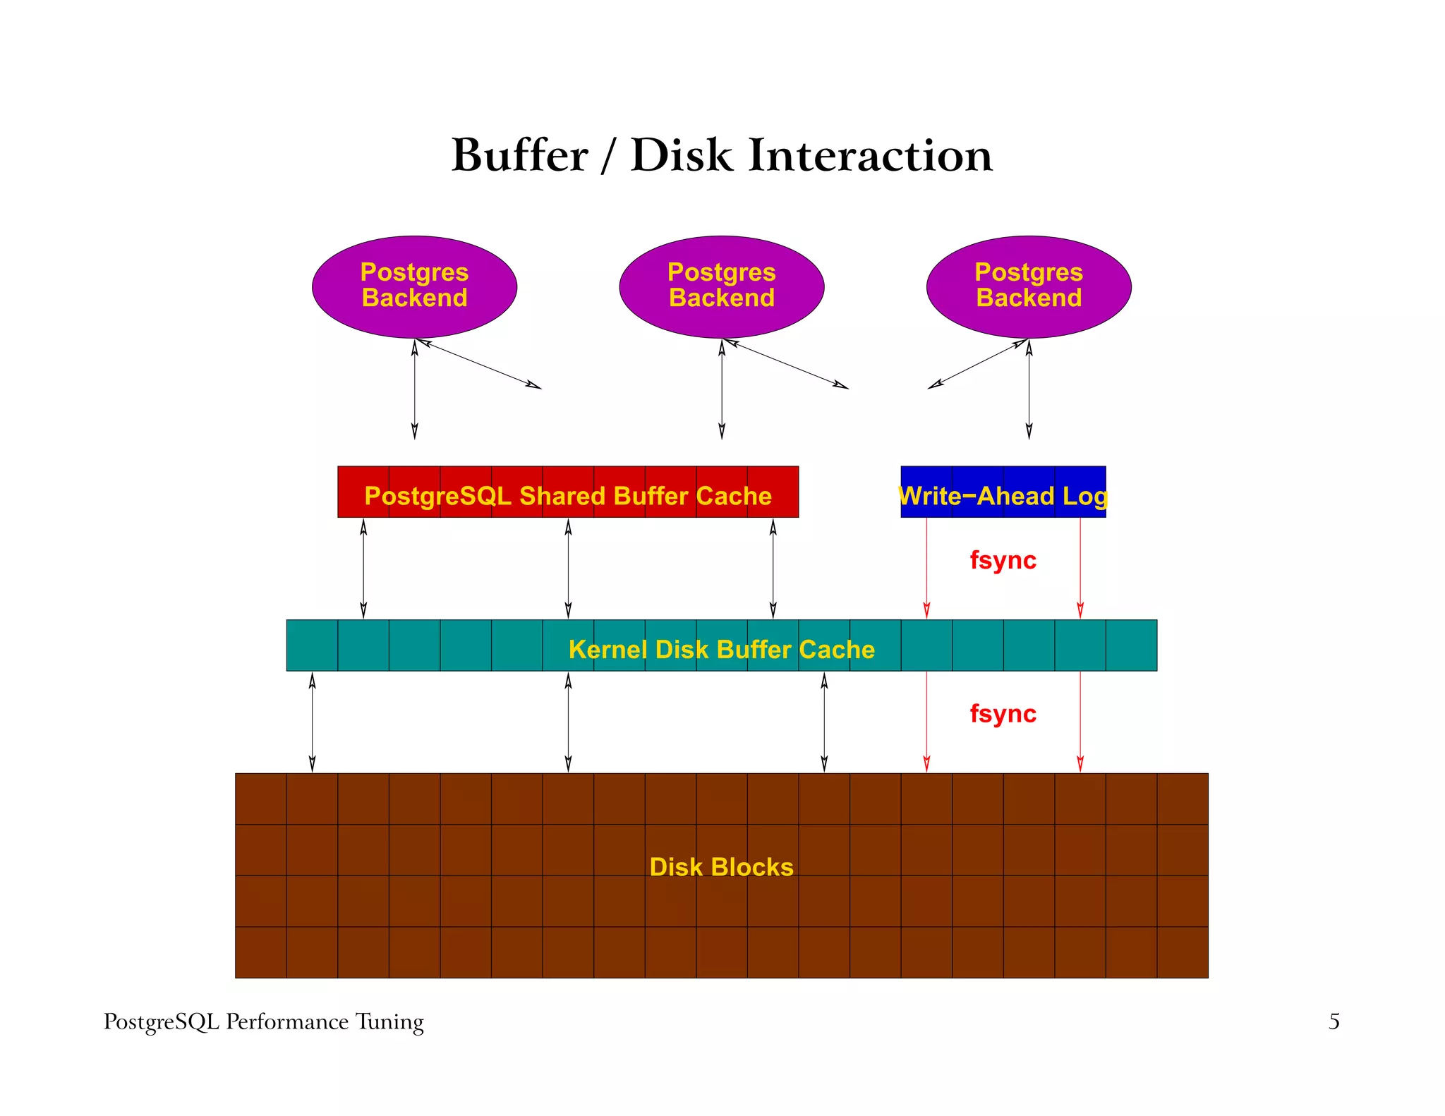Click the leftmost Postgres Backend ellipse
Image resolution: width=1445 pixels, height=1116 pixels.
[414, 286]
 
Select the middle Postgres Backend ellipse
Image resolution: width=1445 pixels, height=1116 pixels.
[721, 286]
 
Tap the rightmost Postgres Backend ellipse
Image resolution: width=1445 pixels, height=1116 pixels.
[1029, 286]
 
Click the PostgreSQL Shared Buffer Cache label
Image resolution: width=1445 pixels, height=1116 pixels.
[568, 496]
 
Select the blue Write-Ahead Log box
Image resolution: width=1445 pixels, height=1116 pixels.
[1003, 492]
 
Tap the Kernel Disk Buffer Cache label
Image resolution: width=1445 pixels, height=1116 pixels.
[721, 649]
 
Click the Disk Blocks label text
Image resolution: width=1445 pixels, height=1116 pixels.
[721, 867]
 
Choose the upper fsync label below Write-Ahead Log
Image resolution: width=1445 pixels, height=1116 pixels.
[1003, 560]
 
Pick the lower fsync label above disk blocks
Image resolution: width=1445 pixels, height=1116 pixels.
[1003, 714]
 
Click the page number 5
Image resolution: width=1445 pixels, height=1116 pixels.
[1334, 1021]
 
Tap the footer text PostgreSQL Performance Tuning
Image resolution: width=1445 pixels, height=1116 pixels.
[263, 1021]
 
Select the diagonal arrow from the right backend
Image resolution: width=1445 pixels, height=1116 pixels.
[977, 364]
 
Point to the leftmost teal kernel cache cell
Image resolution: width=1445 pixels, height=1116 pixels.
[312, 645]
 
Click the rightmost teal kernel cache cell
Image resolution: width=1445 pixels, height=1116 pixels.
[1131, 645]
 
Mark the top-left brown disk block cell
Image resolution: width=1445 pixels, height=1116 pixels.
[261, 799]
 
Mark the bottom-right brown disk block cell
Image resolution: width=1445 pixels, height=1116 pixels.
[1183, 952]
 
